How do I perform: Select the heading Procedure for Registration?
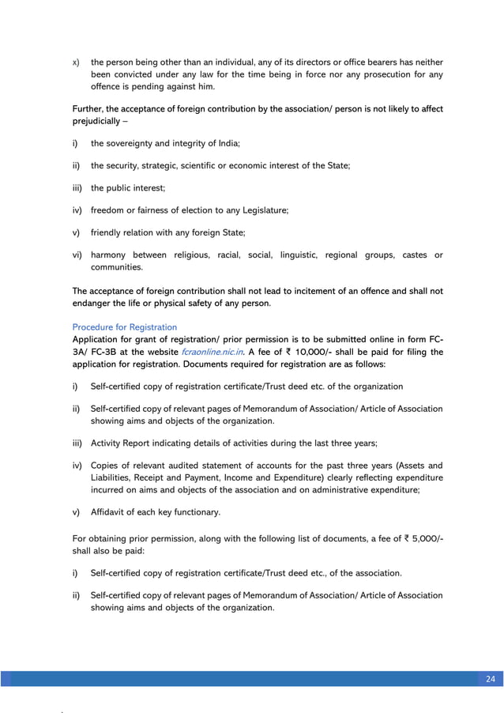pos(124,326)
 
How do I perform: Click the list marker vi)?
pos(77,255)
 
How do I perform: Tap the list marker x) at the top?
pos(76,62)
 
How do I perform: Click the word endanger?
pos(93,304)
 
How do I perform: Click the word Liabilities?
pos(113,478)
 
